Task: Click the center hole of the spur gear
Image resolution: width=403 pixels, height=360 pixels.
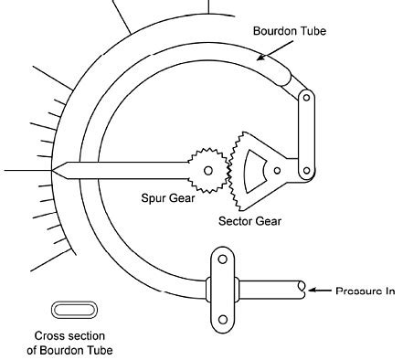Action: (209, 170)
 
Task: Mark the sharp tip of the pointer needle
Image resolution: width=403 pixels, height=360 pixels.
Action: (56, 171)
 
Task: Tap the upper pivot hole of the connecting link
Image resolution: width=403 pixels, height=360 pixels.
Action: (305, 96)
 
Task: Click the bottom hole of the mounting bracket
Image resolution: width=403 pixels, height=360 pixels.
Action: (220, 317)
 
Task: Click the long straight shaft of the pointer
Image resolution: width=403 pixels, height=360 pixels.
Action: (128, 171)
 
